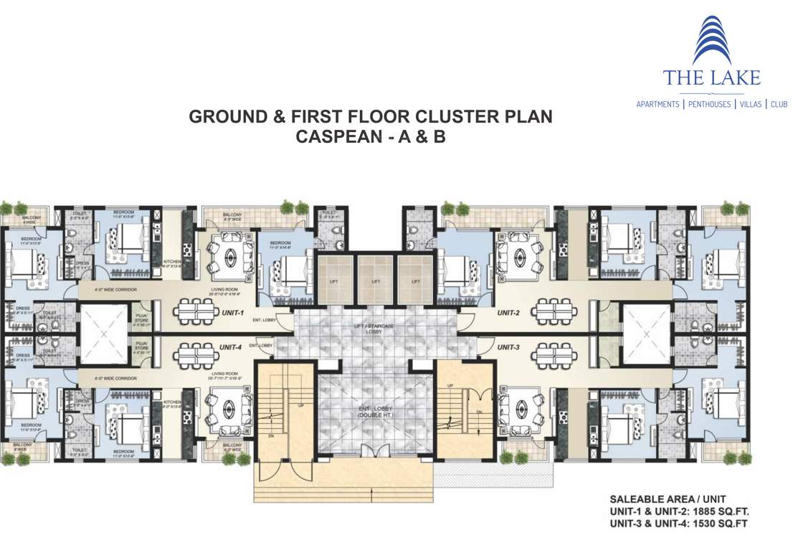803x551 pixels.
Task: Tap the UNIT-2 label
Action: pos(509,314)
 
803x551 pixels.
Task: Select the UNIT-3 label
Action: pos(508,347)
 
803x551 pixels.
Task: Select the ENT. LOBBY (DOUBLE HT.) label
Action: pos(374,413)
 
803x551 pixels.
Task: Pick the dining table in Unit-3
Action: pos(553,353)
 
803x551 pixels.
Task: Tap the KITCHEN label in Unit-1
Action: pos(171,263)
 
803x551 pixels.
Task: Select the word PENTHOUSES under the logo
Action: pos(709,105)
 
